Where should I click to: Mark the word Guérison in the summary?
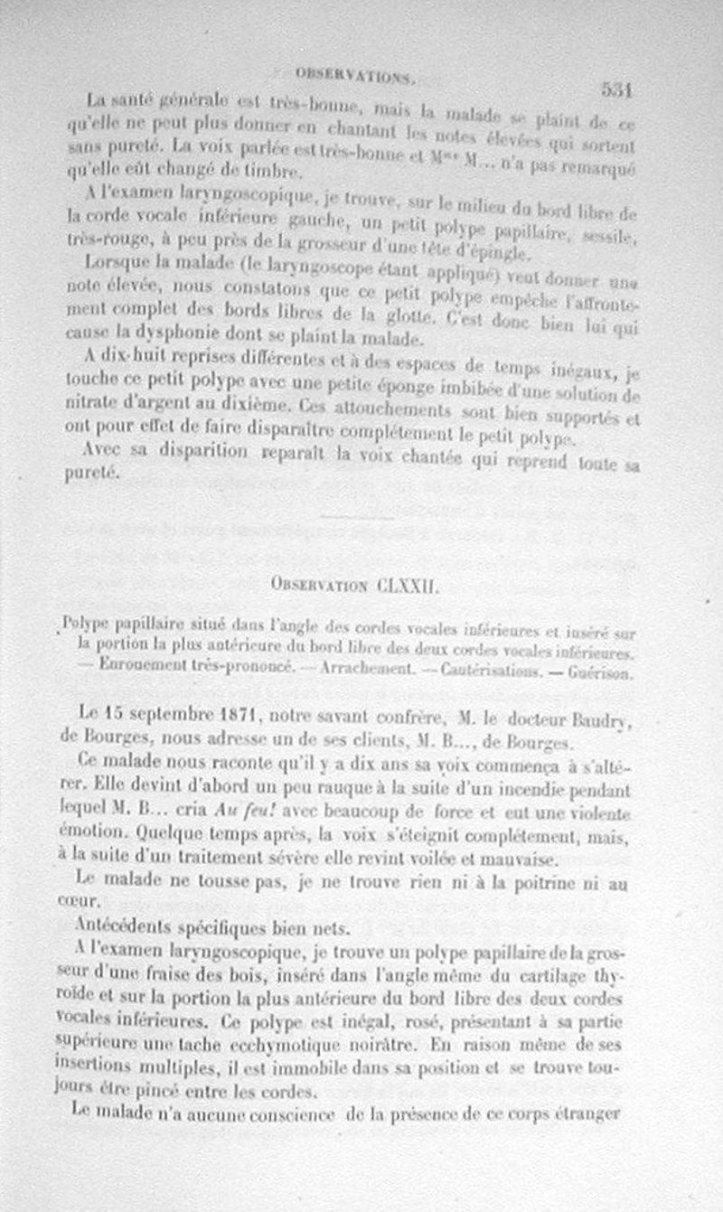tap(603, 672)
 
